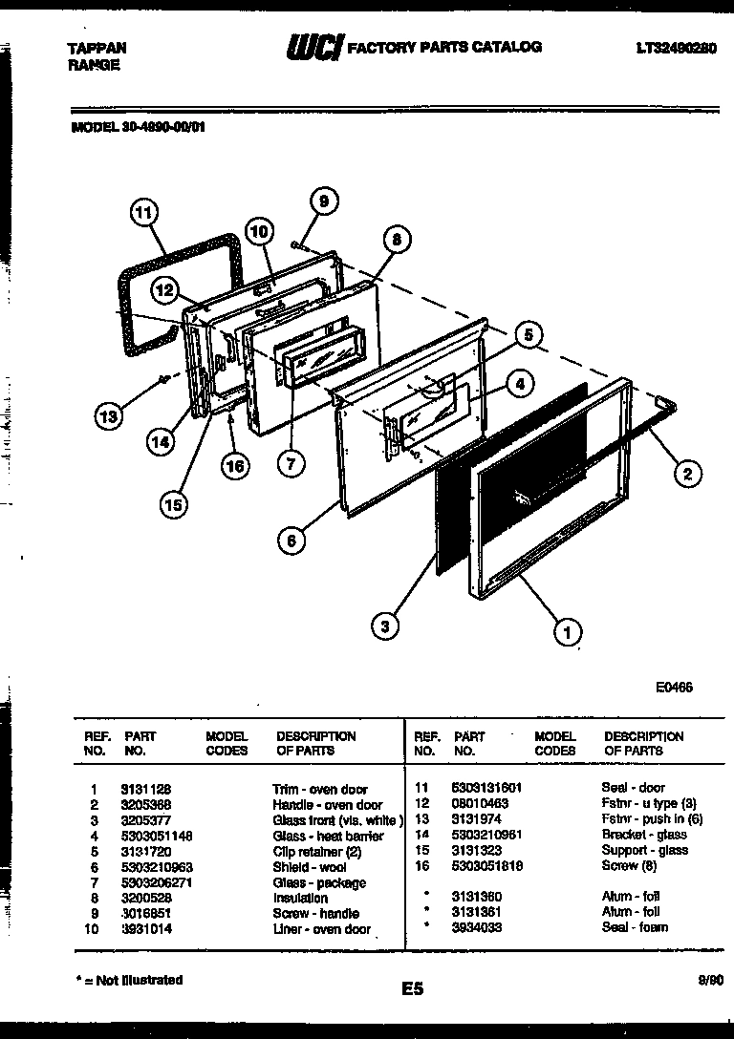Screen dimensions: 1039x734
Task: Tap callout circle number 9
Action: pos(323,201)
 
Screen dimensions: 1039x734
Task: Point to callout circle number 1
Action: pos(568,630)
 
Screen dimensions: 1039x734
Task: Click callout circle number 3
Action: pos(385,627)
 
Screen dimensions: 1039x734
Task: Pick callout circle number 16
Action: pos(234,465)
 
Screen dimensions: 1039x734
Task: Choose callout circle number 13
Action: pos(109,416)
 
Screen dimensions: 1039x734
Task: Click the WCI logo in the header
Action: pos(313,47)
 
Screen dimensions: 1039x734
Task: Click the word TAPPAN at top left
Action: pos(97,48)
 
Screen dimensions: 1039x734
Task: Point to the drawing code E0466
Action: pos(674,687)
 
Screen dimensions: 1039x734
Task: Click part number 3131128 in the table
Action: pos(146,790)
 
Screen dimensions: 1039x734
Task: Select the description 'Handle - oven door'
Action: pos(327,805)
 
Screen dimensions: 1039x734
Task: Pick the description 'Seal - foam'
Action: pos(635,927)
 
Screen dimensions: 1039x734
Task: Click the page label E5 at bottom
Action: pos(412,991)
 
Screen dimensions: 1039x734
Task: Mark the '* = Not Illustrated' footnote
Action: pos(128,980)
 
